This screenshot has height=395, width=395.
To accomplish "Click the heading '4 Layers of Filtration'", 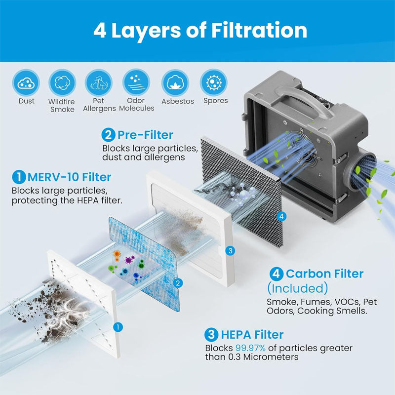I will [x=200, y=30].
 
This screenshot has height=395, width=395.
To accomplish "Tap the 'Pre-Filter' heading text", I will [x=145, y=134].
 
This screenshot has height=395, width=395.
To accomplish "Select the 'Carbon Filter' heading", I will [x=324, y=274].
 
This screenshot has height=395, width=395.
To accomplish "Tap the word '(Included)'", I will [x=297, y=288].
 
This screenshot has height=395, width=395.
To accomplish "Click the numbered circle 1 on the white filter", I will [x=118, y=326].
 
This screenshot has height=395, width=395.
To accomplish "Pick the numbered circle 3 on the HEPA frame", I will [x=229, y=251].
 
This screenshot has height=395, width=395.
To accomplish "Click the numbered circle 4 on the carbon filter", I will [x=281, y=216].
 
